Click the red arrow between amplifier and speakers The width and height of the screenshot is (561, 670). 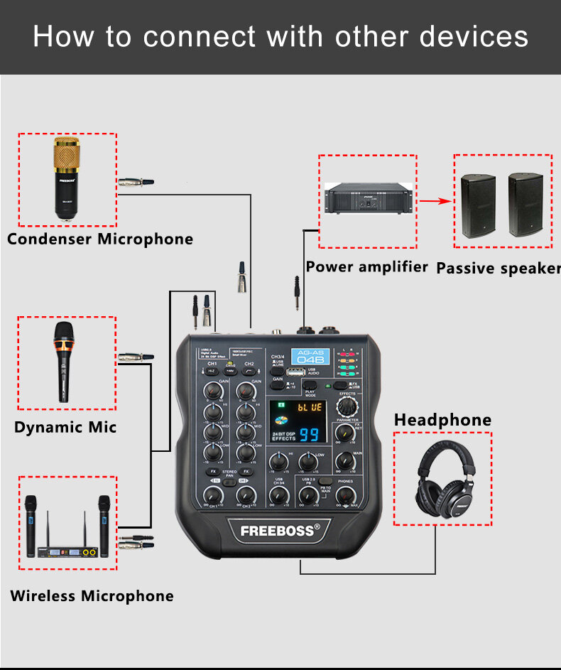click(x=435, y=201)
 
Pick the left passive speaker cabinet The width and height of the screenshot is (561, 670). click(x=479, y=205)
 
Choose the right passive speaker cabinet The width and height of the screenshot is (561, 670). click(x=525, y=205)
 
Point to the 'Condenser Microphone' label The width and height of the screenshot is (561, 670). click(x=100, y=239)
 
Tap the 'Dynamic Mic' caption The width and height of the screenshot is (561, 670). click(x=65, y=427)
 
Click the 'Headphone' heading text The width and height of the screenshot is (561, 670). click(x=442, y=420)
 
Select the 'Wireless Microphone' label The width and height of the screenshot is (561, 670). click(x=92, y=595)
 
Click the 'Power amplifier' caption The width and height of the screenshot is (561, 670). click(x=366, y=267)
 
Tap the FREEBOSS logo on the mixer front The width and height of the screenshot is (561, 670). click(x=280, y=530)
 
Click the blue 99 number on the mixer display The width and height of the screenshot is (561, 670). click(x=309, y=436)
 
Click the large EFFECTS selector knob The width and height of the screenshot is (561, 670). click(x=347, y=406)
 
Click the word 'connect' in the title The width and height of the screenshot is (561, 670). click(x=187, y=36)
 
